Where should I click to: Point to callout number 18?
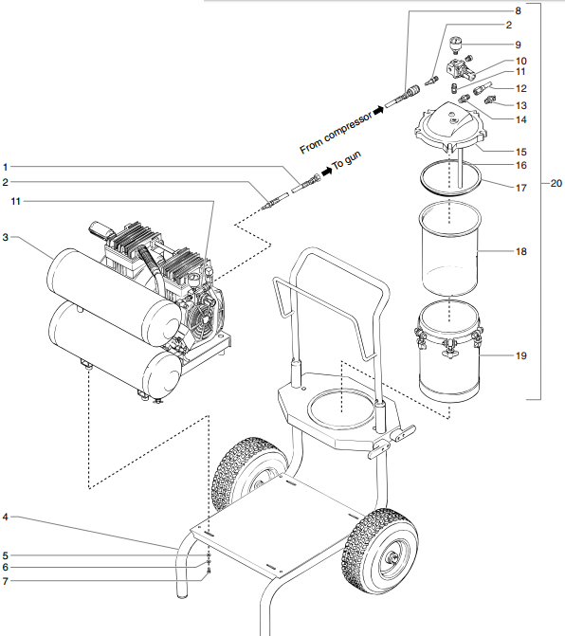[x=520, y=252]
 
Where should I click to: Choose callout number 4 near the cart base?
[x=6, y=518]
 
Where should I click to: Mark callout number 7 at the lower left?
[x=6, y=580]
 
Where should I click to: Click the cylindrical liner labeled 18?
[x=450, y=254]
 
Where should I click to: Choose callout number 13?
[x=520, y=104]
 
